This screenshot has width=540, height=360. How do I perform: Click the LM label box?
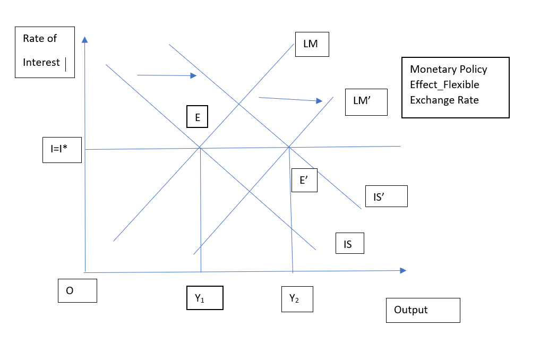pos(312,44)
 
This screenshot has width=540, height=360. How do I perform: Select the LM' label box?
pos(366,102)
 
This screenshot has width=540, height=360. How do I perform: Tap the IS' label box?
pos(387,196)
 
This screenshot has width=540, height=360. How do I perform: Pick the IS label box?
pos(349,243)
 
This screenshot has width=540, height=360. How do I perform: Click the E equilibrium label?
pos(197,116)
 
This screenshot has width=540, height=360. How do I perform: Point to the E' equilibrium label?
pos(304,180)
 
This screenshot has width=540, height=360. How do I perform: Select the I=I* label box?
pos(62,150)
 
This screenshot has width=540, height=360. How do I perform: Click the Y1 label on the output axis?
pos(204,298)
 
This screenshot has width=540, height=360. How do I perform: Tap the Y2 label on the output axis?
pos(297,299)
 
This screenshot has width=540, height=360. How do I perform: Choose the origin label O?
pos(78,291)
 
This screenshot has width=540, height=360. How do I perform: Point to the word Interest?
pos(41,62)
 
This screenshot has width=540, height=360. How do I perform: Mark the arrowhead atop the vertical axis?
pos(85,39)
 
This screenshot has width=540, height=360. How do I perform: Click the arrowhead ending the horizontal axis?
pos(404,270)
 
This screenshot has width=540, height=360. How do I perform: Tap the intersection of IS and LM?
pos(200,148)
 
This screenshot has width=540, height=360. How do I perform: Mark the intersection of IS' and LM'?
pos(289,147)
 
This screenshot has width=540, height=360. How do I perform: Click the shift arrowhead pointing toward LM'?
pos(319,100)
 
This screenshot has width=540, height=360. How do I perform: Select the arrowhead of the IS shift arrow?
pos(194,75)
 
